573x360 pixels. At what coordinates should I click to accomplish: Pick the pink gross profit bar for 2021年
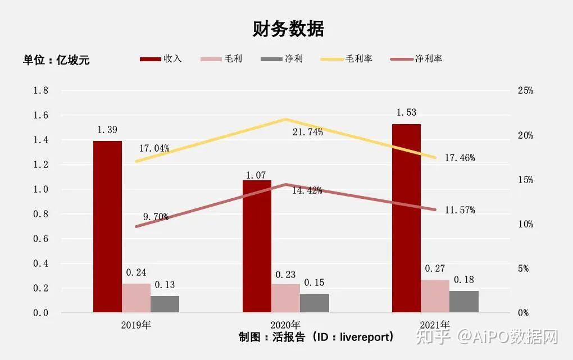(x=435, y=296)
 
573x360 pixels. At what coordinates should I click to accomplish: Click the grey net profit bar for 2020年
(x=315, y=303)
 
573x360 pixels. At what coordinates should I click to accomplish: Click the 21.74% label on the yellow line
(x=308, y=132)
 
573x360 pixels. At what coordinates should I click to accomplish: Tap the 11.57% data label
(x=460, y=210)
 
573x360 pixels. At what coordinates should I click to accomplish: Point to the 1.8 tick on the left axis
(x=42, y=90)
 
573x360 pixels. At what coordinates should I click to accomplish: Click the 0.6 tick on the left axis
(x=42, y=239)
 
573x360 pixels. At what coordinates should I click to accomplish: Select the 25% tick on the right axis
(x=525, y=90)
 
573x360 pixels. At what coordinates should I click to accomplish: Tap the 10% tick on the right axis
(x=525, y=224)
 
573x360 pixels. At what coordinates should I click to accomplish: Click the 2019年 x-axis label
(x=136, y=325)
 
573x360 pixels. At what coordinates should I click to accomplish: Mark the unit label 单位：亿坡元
(x=56, y=60)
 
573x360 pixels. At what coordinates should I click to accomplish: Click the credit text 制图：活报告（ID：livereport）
(x=316, y=337)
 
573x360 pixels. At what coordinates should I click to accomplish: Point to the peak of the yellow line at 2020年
(x=285, y=119)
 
